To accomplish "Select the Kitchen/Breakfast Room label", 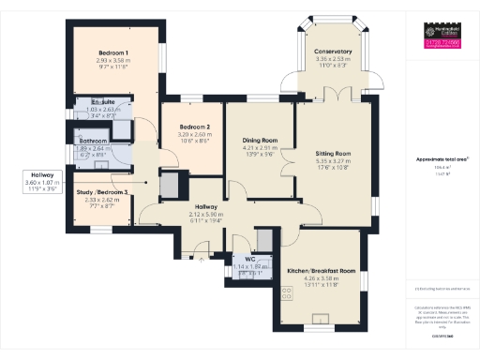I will pyautogui.click(x=322, y=270).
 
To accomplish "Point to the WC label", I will pyautogui.click(x=250, y=259).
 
